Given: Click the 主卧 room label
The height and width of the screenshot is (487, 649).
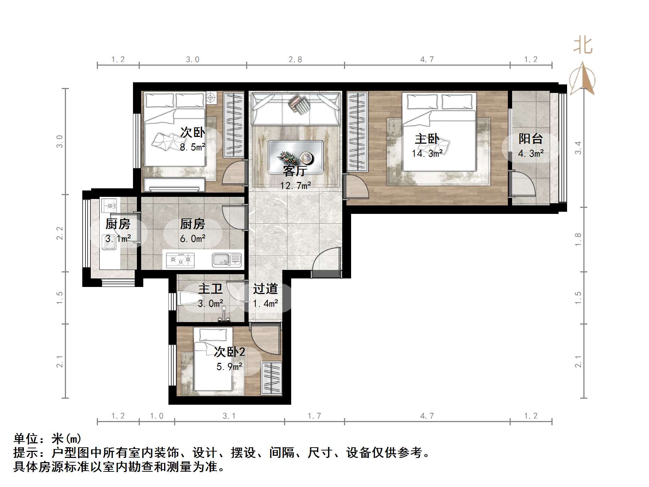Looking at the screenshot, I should (x=427, y=139).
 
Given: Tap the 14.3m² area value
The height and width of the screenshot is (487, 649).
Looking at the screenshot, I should (x=427, y=154).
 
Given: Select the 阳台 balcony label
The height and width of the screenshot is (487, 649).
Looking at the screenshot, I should (x=531, y=139).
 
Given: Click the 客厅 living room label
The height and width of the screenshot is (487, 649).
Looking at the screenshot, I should (x=295, y=171).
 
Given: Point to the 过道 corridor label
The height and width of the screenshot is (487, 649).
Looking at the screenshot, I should (x=265, y=289).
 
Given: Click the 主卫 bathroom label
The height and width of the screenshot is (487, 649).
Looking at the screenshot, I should (x=210, y=289).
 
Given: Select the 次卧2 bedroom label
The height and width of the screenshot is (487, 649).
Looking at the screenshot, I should (x=229, y=352).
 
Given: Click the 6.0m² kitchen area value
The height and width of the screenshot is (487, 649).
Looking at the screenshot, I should (x=193, y=239).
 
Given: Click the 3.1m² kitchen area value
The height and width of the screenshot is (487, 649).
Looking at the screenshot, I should (x=118, y=239).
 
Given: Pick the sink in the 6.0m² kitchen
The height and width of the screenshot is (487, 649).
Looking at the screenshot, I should (x=227, y=260).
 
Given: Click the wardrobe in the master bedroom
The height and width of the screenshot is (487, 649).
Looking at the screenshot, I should (x=357, y=131).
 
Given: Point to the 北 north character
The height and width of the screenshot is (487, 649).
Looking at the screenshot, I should (x=583, y=46).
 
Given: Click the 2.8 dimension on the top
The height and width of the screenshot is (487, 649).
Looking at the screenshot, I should (x=295, y=59).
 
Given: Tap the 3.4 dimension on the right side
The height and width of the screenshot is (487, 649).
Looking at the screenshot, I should (x=578, y=148).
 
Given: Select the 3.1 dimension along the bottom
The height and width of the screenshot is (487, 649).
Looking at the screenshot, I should (x=229, y=416).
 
